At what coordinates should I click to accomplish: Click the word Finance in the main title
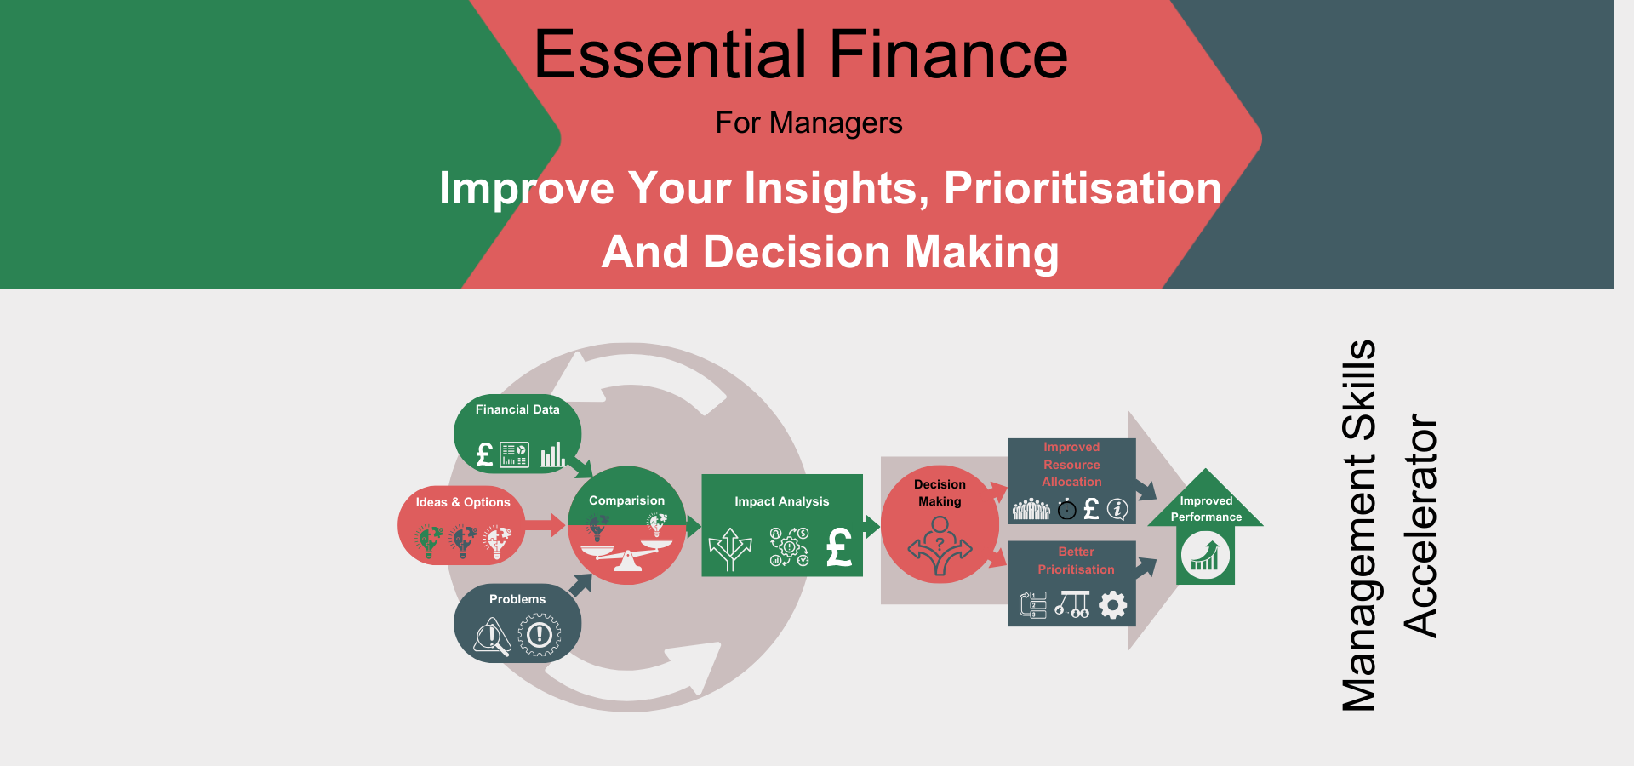(948, 54)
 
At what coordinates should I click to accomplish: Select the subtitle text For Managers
(808, 123)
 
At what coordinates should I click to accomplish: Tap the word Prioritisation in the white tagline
(1083, 188)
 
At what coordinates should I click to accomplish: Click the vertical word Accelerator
(1420, 525)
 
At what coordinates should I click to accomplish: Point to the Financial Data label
(517, 409)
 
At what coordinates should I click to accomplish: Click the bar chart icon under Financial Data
(553, 454)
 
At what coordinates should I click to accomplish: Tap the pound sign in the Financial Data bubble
(485, 455)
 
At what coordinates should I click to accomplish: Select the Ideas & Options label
(463, 502)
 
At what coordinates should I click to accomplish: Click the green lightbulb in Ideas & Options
(429, 541)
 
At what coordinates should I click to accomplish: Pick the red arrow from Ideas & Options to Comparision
(545, 525)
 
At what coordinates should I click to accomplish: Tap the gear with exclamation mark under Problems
(540, 635)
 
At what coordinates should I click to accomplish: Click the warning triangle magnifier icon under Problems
(493, 637)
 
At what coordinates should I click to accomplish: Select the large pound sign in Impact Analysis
(839, 547)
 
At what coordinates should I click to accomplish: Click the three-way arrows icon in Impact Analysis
(730, 549)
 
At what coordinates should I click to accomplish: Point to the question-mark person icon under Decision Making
(940, 546)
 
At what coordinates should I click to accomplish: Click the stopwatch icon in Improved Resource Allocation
(1066, 509)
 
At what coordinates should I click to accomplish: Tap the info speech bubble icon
(1117, 509)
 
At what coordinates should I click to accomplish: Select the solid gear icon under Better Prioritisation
(1112, 605)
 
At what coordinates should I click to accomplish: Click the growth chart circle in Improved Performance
(1205, 555)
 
